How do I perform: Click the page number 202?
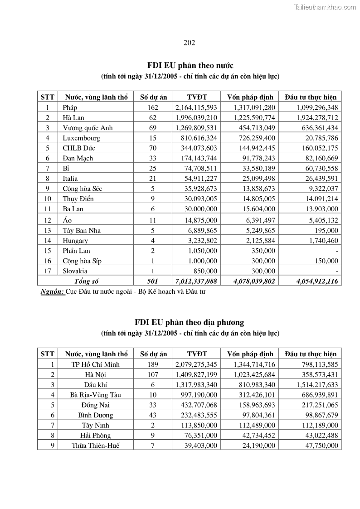tap(189, 43)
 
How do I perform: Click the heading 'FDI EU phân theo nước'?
tap(190, 65)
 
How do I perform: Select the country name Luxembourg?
tap(82, 138)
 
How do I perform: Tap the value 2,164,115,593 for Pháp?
tap(196, 107)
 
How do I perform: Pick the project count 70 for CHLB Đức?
tap(153, 148)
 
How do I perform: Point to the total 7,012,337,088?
tap(196, 281)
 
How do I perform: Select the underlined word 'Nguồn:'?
tap(52, 291)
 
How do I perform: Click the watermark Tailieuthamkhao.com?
tap(325, 7)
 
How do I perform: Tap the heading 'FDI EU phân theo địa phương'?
tap(189, 322)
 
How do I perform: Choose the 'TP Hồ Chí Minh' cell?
tap(96, 364)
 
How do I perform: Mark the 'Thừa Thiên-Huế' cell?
tap(96, 446)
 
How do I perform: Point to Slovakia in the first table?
tap(75, 271)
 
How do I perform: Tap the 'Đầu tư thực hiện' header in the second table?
tap(311, 354)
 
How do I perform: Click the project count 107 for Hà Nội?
tap(153, 374)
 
